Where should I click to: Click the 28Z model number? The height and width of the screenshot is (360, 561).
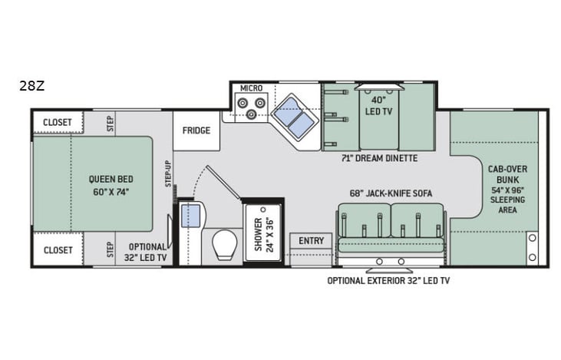(31, 86)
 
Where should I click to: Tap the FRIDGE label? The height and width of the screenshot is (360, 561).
(196, 130)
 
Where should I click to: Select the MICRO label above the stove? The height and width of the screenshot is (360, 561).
(251, 88)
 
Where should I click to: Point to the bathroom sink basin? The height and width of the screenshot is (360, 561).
(190, 216)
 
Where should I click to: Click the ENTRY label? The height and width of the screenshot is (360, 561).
(312, 241)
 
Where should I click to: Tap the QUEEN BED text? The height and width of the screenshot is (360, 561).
(111, 180)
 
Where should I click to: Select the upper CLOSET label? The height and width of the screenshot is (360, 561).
(58, 122)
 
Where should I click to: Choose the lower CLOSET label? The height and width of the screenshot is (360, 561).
(58, 250)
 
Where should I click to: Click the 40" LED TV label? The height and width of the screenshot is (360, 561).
(378, 106)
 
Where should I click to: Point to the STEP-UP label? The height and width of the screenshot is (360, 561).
(168, 173)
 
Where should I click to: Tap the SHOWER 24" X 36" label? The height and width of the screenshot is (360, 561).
(264, 234)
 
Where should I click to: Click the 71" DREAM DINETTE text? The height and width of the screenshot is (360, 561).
(379, 158)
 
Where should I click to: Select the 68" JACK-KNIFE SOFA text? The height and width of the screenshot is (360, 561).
(391, 193)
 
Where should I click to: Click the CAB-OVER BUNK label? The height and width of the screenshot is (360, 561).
(508, 174)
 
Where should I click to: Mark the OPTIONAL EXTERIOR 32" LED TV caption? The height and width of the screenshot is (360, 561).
(388, 281)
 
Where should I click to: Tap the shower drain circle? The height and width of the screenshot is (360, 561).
(263, 210)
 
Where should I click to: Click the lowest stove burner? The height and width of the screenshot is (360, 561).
(252, 114)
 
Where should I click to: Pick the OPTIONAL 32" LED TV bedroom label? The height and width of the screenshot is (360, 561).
(147, 252)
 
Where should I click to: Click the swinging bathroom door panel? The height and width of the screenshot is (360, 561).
(223, 182)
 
